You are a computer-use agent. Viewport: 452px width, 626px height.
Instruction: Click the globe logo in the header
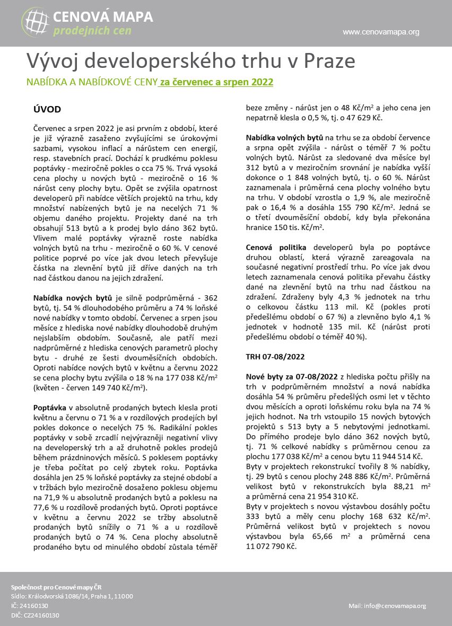(x=36, y=22)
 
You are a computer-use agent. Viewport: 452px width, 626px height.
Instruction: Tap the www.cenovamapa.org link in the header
(x=381, y=32)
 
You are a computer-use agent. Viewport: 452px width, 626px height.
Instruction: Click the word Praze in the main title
(x=329, y=61)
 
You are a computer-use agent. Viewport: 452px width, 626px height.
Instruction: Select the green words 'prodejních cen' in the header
(x=92, y=31)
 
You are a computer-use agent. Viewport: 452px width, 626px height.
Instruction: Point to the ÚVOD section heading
(x=47, y=110)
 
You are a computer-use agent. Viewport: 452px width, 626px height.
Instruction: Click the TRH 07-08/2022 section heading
(x=275, y=357)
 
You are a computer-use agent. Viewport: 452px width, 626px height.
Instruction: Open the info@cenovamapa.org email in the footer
(x=387, y=606)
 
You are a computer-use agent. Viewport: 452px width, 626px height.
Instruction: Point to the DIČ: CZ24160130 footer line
(x=35, y=615)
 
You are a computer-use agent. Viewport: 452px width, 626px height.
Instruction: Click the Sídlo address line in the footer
(x=72, y=596)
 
